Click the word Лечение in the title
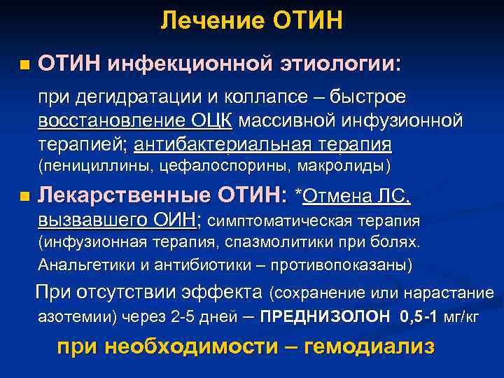click(205, 21)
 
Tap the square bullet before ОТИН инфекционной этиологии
click(25, 66)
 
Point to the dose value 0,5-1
click(419, 316)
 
